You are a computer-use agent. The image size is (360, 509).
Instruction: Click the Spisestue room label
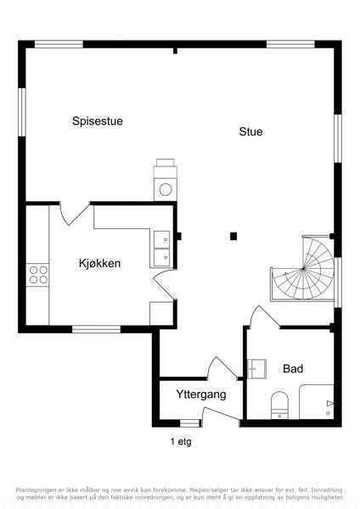(x=98, y=121)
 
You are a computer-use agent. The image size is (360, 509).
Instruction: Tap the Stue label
(x=250, y=131)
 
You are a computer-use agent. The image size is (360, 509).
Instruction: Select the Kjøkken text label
(x=99, y=263)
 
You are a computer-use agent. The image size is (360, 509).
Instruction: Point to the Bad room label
(x=293, y=369)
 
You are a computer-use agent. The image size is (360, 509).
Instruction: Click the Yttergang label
(x=201, y=394)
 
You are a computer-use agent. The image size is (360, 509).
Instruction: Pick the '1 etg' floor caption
(x=181, y=441)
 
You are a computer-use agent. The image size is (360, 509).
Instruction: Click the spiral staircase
(x=302, y=268)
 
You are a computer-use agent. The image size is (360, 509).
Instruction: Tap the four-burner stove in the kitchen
(x=38, y=275)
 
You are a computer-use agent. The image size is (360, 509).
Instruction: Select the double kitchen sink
(x=162, y=249)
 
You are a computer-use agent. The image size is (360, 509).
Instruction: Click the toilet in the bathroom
(x=279, y=406)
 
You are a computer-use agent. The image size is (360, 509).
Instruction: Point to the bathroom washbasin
(x=257, y=369)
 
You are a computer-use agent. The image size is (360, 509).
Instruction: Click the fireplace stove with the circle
(x=166, y=180)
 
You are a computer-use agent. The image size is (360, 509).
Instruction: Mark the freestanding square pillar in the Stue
(x=233, y=237)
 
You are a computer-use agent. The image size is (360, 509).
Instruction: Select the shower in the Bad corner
(x=317, y=402)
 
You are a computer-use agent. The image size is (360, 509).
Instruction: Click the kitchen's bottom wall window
(x=96, y=329)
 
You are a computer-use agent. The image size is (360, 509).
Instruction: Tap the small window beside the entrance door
(x=189, y=423)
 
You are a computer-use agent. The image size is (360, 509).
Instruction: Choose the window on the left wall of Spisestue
(x=22, y=112)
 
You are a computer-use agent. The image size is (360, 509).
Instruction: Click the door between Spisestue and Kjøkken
(x=75, y=214)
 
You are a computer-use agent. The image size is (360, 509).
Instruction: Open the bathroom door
(x=264, y=316)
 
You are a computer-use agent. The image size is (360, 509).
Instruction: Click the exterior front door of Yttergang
(x=221, y=414)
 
